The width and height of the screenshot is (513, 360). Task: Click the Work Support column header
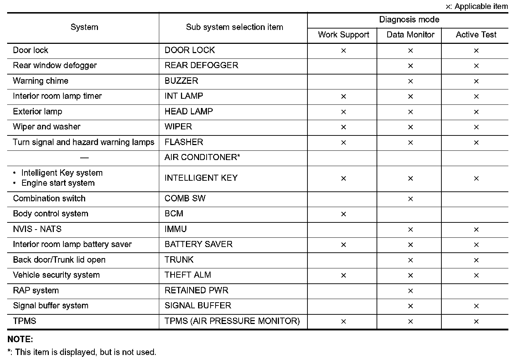tap(343, 35)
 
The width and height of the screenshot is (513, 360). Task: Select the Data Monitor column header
tap(410, 35)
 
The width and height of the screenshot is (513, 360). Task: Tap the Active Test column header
tap(476, 35)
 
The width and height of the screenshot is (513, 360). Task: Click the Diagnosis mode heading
tap(409, 20)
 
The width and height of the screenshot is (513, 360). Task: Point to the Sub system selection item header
tap(234, 27)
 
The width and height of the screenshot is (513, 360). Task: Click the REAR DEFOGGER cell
tap(201, 66)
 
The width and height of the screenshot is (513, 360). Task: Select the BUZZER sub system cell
tap(181, 81)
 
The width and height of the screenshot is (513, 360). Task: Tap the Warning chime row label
tap(41, 81)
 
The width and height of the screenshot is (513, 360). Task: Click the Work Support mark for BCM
tap(343, 214)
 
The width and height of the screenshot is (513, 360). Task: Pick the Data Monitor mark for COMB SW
tap(410, 199)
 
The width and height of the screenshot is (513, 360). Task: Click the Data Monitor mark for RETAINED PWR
tap(410, 291)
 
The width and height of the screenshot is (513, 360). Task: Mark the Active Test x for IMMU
tap(476, 230)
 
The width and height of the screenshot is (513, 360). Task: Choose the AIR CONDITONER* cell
tap(202, 158)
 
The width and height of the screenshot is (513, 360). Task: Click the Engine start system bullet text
tap(58, 183)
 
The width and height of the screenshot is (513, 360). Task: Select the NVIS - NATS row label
tap(37, 229)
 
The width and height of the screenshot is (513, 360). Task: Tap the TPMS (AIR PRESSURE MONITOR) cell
tap(232, 321)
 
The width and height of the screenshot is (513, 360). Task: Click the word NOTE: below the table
tap(20, 339)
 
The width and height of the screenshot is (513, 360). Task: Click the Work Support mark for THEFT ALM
tap(343, 276)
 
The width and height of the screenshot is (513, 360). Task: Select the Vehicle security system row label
tap(56, 275)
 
